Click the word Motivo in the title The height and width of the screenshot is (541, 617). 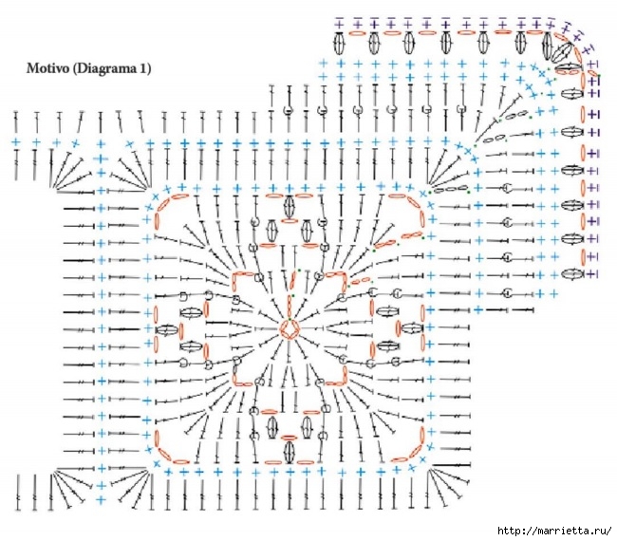(x=47, y=68)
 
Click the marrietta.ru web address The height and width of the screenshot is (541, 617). (x=554, y=531)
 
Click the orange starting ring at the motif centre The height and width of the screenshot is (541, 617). (x=290, y=329)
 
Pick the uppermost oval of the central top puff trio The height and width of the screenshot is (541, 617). (x=290, y=206)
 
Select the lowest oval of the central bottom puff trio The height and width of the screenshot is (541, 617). (x=290, y=452)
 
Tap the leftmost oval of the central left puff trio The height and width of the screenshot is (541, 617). (x=167, y=329)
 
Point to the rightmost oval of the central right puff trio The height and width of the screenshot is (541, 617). (x=412, y=327)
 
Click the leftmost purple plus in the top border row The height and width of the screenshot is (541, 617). (x=339, y=25)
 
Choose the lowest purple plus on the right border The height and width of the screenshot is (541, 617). (x=592, y=273)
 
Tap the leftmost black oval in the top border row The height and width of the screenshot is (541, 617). (x=339, y=43)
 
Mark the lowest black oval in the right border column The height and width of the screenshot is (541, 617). (x=573, y=273)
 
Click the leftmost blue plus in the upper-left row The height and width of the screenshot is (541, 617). (x=16, y=142)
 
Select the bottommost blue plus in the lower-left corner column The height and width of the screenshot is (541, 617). (x=102, y=499)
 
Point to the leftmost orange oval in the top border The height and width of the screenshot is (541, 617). (x=358, y=34)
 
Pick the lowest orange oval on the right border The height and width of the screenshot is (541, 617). (x=583, y=256)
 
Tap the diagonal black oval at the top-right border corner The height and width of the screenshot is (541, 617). (x=562, y=51)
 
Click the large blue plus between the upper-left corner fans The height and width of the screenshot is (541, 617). (x=101, y=159)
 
